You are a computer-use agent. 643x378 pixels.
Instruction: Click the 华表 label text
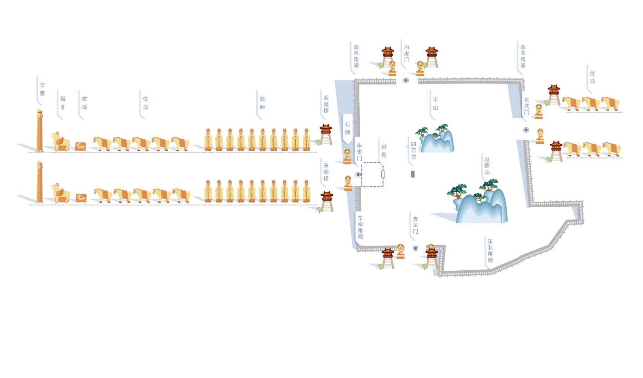[x=42, y=89]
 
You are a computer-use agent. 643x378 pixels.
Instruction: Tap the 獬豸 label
[x=63, y=103]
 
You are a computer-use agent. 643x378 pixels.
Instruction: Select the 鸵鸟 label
[x=84, y=103]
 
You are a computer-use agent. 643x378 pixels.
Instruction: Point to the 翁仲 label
[x=262, y=103]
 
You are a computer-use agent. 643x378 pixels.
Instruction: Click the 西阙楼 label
[x=326, y=104]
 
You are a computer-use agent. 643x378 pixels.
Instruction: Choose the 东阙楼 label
[x=326, y=172]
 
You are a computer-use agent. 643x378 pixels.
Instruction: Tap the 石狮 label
[x=347, y=128]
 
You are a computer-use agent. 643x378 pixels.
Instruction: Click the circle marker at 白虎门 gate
[x=406, y=80]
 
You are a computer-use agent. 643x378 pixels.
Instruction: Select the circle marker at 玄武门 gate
[x=526, y=130]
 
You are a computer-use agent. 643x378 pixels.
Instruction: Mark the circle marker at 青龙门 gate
[x=415, y=248]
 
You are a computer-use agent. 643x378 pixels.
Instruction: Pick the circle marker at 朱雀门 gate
[x=358, y=174]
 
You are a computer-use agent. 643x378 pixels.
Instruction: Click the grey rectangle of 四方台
[x=413, y=174]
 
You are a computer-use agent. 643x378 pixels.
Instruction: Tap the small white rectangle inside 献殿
[x=383, y=174]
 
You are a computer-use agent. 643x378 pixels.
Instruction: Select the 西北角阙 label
[x=523, y=56]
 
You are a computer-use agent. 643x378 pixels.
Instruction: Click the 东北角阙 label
[x=490, y=251]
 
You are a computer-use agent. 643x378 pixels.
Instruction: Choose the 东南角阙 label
[x=360, y=227]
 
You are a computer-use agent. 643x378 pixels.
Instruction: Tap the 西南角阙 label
[x=356, y=56]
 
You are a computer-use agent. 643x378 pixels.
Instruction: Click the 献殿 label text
[x=384, y=151]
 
